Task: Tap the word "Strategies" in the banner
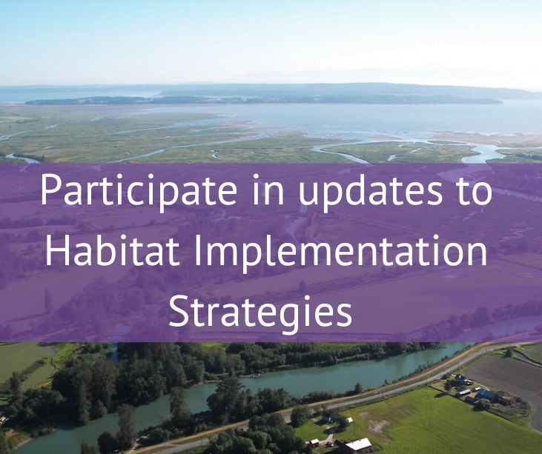coord(260,313)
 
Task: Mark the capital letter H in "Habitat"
coord(56,251)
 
